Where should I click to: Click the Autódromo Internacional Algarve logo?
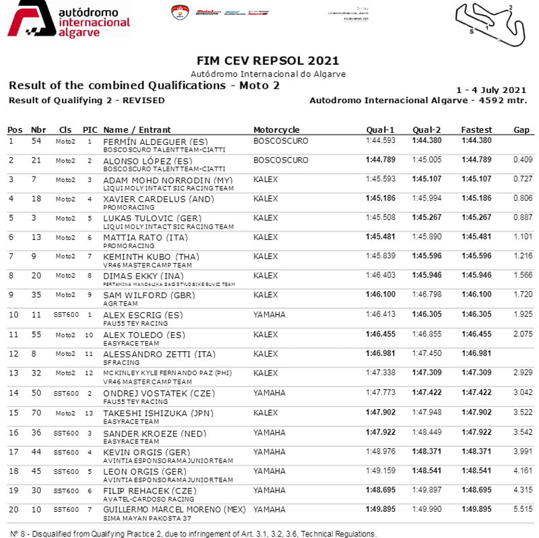[67, 20]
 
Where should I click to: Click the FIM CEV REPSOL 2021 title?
[267, 61]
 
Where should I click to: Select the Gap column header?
[521, 129]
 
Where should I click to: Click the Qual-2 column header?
[426, 129]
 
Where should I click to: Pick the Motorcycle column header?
[276, 129]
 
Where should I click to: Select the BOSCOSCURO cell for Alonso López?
[280, 160]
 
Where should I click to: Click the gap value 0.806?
[523, 200]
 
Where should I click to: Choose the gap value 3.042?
[523, 392]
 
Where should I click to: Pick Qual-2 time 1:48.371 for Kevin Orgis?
[426, 451]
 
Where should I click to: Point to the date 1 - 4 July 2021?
[491, 90]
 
